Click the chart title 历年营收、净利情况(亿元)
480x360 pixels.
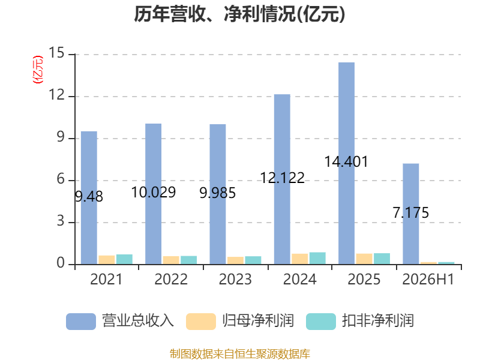point(239,14)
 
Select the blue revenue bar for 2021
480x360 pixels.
point(89,198)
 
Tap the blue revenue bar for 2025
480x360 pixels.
point(347,163)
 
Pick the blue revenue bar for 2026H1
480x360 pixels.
point(411,214)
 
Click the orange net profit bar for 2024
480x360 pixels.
point(299,259)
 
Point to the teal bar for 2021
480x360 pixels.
point(124,259)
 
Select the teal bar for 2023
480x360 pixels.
point(253,260)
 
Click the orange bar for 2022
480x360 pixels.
point(171,260)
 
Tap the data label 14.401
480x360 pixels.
point(346,161)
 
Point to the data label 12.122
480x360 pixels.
point(282,178)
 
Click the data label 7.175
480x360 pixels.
point(411,212)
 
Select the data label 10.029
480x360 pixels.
point(154,192)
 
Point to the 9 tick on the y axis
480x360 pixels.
point(61,137)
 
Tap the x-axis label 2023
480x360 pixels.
point(235,279)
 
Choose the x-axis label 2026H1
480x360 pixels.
point(428,279)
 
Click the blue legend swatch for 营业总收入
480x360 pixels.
point(81,322)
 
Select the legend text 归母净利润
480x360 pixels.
point(258,321)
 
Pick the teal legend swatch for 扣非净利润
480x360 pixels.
point(321,322)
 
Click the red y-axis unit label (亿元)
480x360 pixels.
point(38,70)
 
